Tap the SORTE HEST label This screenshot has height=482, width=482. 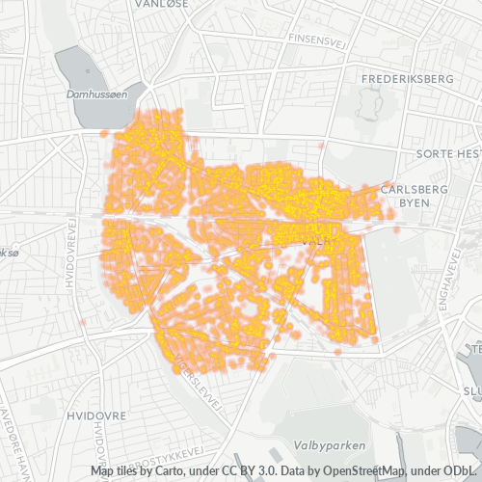click(447, 154)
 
